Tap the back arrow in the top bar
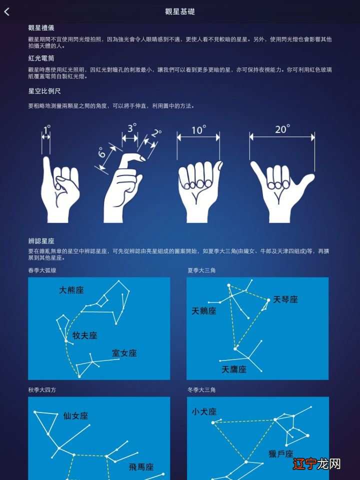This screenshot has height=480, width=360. click(x=7, y=11)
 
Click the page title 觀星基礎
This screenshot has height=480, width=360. click(x=180, y=11)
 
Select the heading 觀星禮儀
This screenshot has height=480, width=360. click(x=41, y=27)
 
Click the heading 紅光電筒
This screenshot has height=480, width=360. click(x=41, y=58)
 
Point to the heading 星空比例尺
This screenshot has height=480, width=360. click(x=44, y=91)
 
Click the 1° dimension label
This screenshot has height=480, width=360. click(x=46, y=131)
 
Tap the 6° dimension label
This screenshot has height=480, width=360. click(x=102, y=152)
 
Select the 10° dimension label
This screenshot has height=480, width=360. click(x=198, y=130)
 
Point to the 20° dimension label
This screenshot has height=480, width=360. click(x=282, y=129)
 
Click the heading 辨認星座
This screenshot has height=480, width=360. click(x=41, y=241)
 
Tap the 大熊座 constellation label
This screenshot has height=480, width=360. click(x=71, y=290)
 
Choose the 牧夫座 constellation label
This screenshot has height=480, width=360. click(x=84, y=335)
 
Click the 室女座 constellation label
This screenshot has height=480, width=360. click(x=124, y=353)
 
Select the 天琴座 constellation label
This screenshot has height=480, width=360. click(x=285, y=299)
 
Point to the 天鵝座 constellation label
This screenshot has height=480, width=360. click(x=204, y=311)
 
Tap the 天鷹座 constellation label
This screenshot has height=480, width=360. click(x=234, y=369)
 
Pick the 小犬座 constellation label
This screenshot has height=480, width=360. click(x=204, y=412)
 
